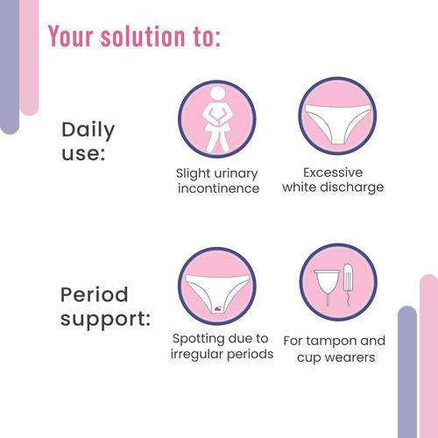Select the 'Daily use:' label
click(88, 142)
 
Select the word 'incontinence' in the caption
click(218, 188)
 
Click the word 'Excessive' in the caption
click(333, 173)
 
